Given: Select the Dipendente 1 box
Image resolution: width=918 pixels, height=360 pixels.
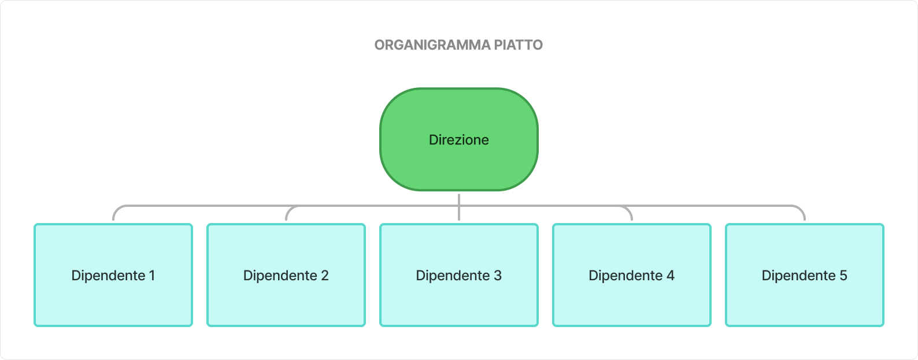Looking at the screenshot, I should pos(113,300).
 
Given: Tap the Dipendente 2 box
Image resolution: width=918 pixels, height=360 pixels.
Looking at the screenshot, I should pos(286,300).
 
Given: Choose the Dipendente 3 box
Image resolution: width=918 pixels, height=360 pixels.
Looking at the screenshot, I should pos(459,300).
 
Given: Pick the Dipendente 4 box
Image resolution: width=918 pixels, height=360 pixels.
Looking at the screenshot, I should pos(632,300).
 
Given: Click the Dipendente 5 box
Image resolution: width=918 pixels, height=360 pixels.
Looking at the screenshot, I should pos(805,300).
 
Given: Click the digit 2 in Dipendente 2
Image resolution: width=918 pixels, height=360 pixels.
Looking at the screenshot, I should pos(325,276).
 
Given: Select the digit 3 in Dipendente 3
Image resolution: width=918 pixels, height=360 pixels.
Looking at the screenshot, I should pos(498,276).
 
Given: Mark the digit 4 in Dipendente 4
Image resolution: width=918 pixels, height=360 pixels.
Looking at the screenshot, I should pos(671,276).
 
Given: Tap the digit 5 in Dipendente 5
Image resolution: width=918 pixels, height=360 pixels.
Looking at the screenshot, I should pos(843,276).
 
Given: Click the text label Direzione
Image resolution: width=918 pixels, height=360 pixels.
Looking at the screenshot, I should pos(459,140).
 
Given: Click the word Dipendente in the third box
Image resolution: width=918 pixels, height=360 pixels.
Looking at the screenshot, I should pos(453,276).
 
